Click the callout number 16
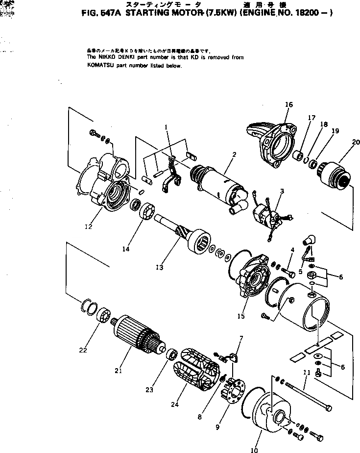tap(288, 104)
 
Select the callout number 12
tap(89, 226)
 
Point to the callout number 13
tap(159, 267)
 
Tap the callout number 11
tap(307, 374)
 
